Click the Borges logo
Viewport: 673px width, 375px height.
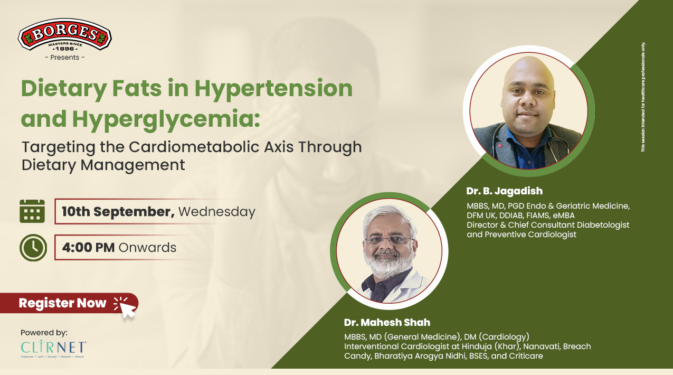[65, 35]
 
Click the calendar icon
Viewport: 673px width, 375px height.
[32, 211]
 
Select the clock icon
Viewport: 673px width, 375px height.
[33, 247]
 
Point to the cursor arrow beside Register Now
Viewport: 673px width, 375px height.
[127, 308]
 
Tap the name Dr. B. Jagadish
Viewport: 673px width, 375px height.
[504, 191]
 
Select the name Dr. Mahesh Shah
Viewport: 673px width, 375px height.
[386, 322]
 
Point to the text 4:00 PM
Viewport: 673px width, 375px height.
[88, 247]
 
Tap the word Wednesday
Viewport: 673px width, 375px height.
[216, 212]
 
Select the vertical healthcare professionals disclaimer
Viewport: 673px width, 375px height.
[643, 97]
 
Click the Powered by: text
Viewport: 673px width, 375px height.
[44, 333]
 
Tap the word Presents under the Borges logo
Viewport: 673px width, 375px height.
[65, 57]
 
